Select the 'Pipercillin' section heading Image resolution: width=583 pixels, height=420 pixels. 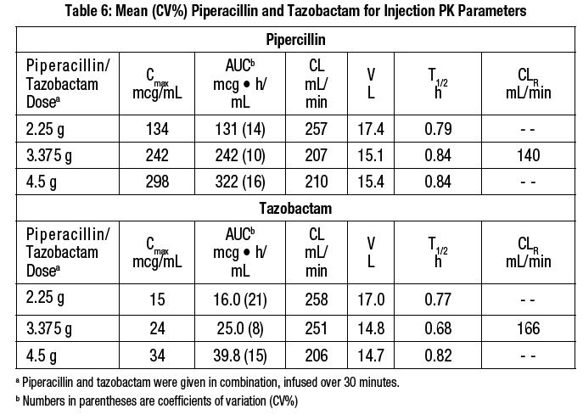pos(296,40)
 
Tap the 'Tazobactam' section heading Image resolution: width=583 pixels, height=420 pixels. pos(296,207)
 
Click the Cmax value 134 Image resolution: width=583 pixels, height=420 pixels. pos(158,129)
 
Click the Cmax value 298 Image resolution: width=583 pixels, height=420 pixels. pos(158,182)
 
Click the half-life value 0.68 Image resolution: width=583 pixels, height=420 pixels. pos(438,323)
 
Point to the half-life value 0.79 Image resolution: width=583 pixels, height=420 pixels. pos(438,129)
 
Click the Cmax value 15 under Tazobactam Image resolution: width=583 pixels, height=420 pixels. pos(158,297)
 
